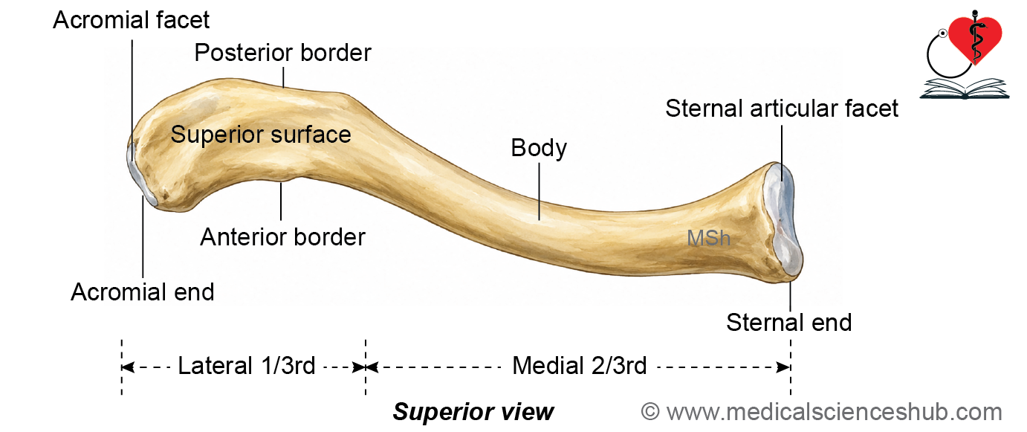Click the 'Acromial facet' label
click(x=131, y=20)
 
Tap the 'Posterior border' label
click(x=282, y=53)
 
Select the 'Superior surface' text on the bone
click(x=261, y=135)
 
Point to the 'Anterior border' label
click(x=282, y=237)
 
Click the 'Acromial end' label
click(x=143, y=292)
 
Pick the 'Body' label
click(x=539, y=149)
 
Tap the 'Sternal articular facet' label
click(x=782, y=109)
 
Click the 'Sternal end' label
click(x=789, y=323)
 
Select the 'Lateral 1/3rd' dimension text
click(x=247, y=366)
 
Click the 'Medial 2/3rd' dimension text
click(x=579, y=366)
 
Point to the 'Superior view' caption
click(x=473, y=412)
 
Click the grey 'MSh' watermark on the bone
click(x=708, y=238)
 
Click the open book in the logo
click(x=964, y=88)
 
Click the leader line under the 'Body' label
click(x=540, y=192)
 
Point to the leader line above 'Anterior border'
click(x=281, y=202)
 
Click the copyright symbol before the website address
click(x=650, y=412)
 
